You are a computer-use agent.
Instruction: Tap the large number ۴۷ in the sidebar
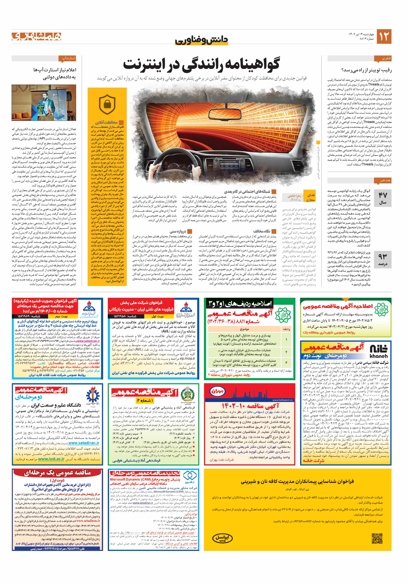[x=383, y=195]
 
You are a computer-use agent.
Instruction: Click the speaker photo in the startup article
[x=44, y=103]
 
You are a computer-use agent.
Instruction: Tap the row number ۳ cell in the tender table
[x=286, y=363]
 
